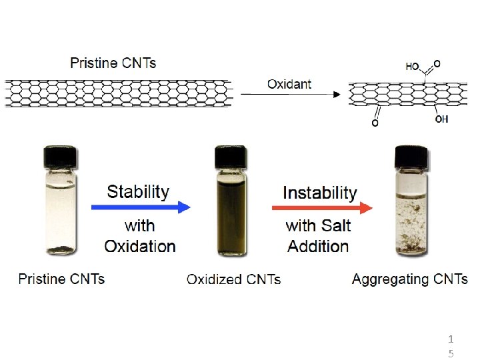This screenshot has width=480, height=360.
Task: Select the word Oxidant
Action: coord(289,84)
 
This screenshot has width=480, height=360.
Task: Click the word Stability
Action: coord(138,192)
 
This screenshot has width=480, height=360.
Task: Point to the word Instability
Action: coord(320,193)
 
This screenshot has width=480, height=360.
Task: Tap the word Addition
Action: coord(318,246)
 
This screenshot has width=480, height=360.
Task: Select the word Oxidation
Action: coord(140,246)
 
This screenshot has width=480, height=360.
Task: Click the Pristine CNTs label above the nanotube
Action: coord(113,63)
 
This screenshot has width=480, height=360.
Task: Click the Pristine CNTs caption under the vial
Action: coord(61,279)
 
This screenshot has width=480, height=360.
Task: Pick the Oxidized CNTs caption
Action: coord(233,279)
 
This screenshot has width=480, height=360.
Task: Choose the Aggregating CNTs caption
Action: coord(409,279)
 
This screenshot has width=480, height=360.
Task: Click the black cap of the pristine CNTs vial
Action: coord(61,157)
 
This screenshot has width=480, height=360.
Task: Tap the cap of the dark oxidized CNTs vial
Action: coord(231,157)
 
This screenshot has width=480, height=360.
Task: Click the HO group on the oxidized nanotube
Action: coord(413,66)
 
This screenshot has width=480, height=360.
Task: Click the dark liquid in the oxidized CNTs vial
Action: coord(231,213)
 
